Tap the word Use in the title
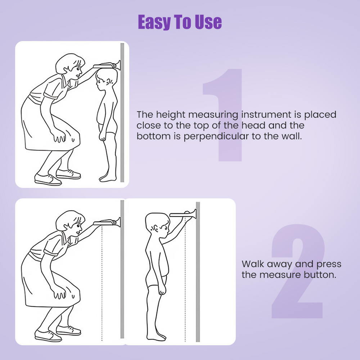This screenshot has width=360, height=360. tap(208, 22)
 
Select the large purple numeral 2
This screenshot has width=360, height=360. tap(298, 271)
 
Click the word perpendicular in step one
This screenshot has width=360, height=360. tap(216, 136)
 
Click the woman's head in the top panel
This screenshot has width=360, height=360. tap(70, 66)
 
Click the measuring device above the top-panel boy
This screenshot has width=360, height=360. tap(107, 66)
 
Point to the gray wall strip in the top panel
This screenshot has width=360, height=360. tap(122, 112)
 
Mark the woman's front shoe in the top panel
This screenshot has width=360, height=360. tap(48, 180)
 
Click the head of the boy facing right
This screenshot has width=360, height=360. tap(158, 225)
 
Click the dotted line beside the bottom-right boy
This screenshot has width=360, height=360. tap(185, 279)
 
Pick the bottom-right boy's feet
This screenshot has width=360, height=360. tap(156, 337)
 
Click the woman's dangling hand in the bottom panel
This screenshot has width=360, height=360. tap(59, 294)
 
